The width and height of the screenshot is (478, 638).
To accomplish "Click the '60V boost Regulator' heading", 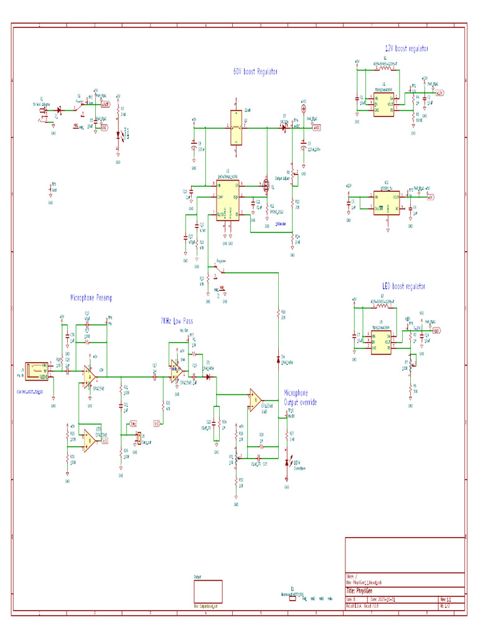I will [x=255, y=72].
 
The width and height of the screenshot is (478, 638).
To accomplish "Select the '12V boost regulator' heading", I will [x=406, y=48].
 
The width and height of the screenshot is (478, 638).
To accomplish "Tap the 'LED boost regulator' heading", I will [x=403, y=286].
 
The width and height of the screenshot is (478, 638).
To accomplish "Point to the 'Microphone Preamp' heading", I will [x=91, y=298].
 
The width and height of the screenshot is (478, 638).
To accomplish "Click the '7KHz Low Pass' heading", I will [x=177, y=321].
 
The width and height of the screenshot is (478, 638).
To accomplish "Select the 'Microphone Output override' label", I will [x=300, y=398].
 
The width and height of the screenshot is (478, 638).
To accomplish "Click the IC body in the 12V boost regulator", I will [x=382, y=103].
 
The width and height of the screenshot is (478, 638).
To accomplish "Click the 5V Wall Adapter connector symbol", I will [x=44, y=113].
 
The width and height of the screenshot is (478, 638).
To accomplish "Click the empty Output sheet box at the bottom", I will [x=208, y=590].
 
